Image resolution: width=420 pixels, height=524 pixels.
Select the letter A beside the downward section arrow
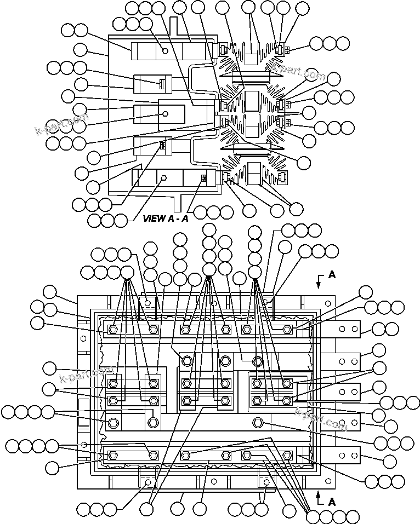pos(331,275)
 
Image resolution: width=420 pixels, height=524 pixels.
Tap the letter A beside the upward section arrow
pos(331,501)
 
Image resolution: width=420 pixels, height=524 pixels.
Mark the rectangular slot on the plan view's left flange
pos(83,412)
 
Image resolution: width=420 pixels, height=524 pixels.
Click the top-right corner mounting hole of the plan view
pos(328,303)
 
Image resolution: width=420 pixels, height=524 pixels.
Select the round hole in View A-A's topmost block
pos(166,51)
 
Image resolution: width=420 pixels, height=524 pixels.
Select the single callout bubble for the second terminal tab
pos(379,351)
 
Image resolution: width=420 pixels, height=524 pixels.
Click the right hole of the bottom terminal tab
pos(354,454)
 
